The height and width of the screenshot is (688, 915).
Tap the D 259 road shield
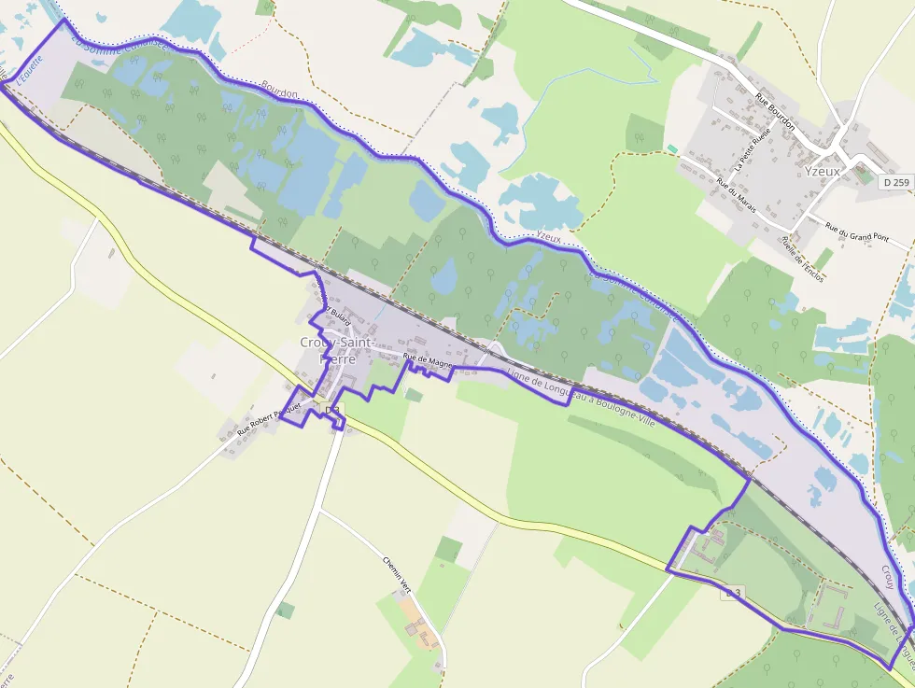coord(894,183)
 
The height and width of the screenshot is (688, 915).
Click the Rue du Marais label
coord(736,194)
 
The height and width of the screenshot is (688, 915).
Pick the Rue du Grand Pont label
coord(857,231)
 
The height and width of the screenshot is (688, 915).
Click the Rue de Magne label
coord(428,358)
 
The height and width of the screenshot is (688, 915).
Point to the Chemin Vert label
coord(397,574)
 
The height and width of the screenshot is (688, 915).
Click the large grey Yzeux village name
coord(823,172)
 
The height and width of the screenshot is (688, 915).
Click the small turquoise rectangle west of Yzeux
coord(672,148)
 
